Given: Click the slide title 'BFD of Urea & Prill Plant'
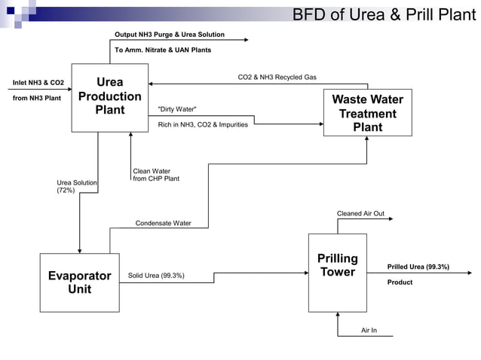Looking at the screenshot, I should (384, 14).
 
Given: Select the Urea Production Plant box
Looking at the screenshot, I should (110, 97).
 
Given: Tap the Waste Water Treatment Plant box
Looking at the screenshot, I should (367, 113).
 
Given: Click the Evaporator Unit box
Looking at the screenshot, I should (79, 282).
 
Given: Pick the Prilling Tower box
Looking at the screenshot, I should (337, 271).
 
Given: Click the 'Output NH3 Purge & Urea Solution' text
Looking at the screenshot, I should (169, 35).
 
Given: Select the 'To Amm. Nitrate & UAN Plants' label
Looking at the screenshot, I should (162, 50).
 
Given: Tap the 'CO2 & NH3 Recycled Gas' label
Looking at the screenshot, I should (277, 77).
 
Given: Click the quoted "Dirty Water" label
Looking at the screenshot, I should (177, 109).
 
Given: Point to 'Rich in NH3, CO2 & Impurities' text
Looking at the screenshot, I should (203, 124).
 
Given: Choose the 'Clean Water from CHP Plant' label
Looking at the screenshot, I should (156, 175).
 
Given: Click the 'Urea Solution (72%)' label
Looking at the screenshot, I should (76, 187).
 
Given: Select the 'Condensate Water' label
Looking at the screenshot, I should (163, 223).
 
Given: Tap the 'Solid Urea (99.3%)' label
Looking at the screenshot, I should (156, 276).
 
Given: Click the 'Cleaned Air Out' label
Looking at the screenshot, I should (360, 213).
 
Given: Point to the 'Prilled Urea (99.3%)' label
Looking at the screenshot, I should (418, 267).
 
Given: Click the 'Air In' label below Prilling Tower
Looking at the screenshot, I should (369, 331).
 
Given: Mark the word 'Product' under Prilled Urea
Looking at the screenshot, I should (400, 282).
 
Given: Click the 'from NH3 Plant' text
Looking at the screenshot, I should (36, 98).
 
